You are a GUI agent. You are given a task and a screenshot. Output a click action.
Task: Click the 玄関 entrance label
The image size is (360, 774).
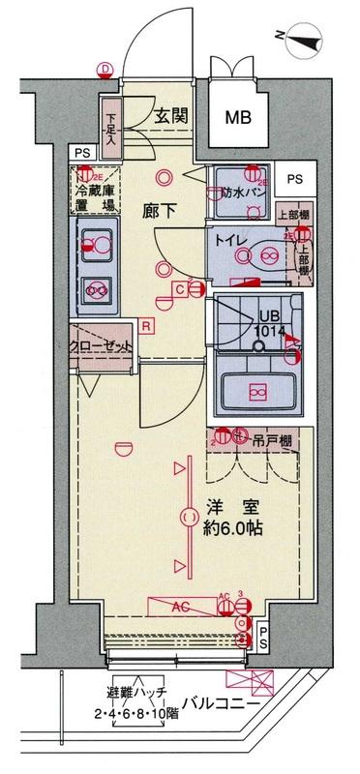coord(176,116)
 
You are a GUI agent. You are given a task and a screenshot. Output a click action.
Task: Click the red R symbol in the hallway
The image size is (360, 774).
coord(145,325)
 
